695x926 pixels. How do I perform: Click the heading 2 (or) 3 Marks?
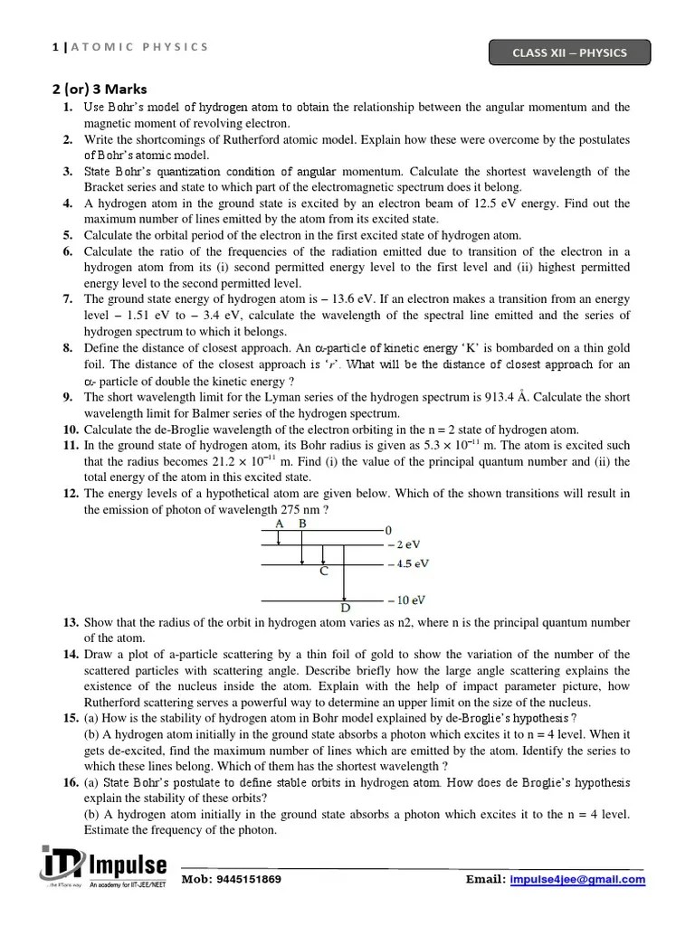98,89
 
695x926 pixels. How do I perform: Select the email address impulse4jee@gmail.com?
576,879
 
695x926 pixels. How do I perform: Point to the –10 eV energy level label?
405,600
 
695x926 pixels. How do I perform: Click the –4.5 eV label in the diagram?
407,563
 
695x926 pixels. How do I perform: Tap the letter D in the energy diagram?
345,608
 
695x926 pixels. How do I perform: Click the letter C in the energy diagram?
323,572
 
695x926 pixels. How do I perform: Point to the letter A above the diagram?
279,524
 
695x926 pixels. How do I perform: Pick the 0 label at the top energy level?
388,529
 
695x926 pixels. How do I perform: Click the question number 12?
71,494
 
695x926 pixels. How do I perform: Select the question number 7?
68,298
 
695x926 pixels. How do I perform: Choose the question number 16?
71,782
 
